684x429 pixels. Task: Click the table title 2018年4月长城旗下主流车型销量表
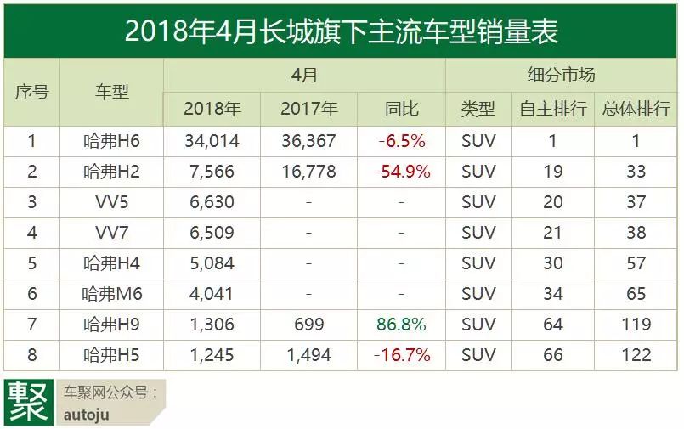tap(341, 31)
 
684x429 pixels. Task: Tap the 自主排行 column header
tap(553, 108)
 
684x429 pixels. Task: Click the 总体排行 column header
tap(636, 108)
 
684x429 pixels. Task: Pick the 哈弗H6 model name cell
tap(111, 141)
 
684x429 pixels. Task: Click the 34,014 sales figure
tap(212, 141)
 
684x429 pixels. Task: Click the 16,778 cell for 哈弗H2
tap(309, 172)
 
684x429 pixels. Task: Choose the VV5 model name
tap(111, 202)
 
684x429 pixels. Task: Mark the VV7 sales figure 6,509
tap(212, 233)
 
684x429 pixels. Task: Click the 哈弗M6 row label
tap(111, 294)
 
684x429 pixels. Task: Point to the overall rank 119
tap(636, 325)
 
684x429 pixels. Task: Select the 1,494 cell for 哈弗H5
tap(309, 355)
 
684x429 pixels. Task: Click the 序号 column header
tap(32, 92)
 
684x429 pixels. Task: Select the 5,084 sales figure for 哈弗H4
tap(212, 263)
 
